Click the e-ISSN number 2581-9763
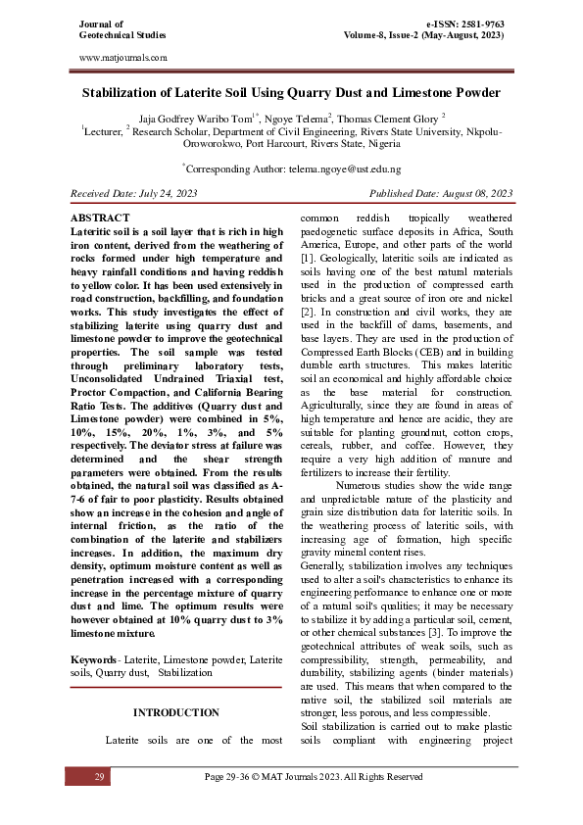click(x=482, y=23)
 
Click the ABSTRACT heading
click(x=101, y=217)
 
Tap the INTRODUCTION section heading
click(x=176, y=712)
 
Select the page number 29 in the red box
click(x=99, y=776)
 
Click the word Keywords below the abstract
click(x=94, y=652)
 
